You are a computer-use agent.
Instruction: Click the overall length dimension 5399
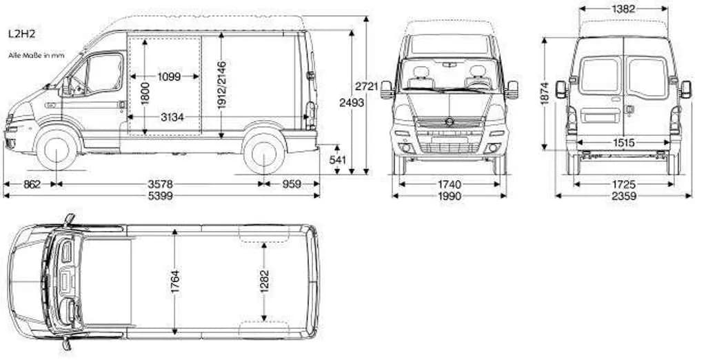[161, 196]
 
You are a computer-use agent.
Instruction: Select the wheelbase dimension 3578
[160, 184]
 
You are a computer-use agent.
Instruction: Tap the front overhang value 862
[32, 184]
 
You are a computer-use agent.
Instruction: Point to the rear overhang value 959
[292, 184]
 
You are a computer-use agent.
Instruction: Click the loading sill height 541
[338, 160]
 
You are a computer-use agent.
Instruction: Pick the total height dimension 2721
[367, 86]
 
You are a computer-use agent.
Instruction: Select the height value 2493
[352, 103]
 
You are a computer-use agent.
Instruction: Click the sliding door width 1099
[169, 77]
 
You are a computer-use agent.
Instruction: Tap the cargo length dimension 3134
[172, 117]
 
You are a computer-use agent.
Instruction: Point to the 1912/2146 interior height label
[221, 85]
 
